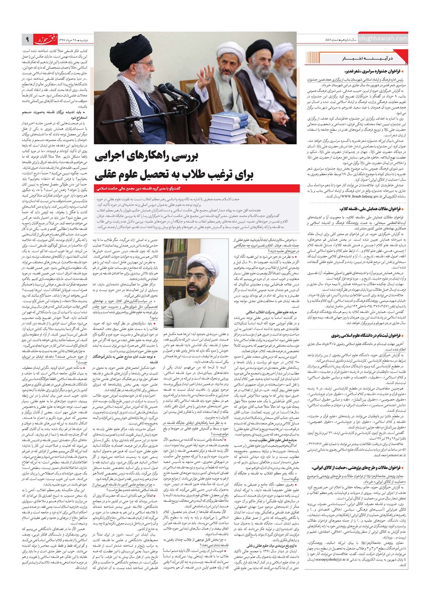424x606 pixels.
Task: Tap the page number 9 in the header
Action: click(27, 39)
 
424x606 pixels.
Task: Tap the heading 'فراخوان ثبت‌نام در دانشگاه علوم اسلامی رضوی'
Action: click(360, 335)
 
